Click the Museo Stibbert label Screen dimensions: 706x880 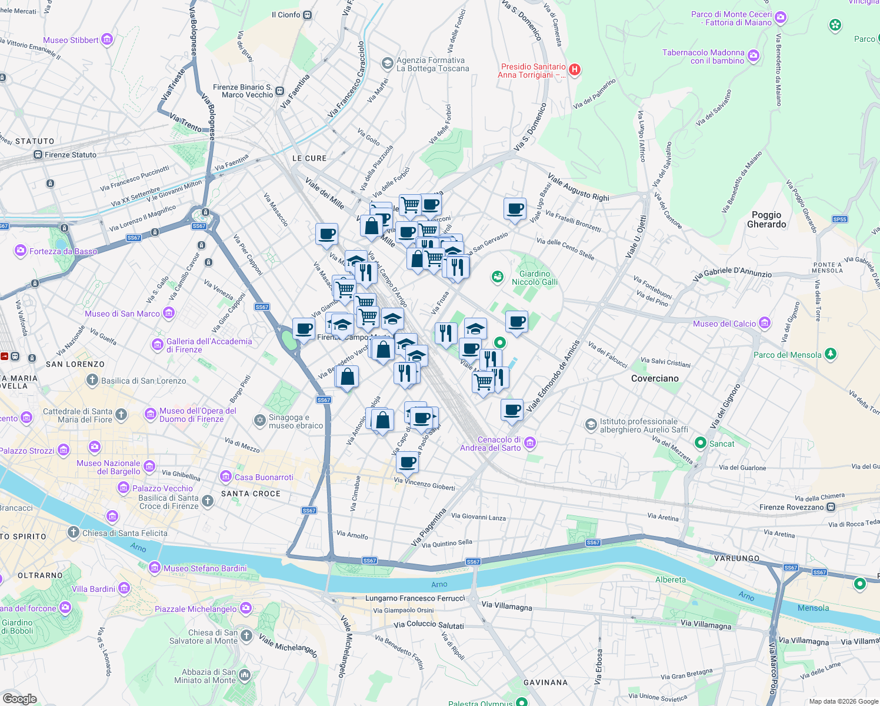tap(71, 40)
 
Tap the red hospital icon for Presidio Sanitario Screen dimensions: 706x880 tap(575, 70)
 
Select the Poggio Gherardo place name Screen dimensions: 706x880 tap(766, 219)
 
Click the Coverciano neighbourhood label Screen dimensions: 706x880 tap(655, 378)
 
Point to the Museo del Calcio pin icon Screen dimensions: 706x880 tap(765, 322)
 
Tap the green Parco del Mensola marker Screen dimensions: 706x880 tap(830, 354)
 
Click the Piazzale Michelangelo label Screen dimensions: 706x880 tap(195, 609)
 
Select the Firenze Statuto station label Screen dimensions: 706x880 tap(71, 155)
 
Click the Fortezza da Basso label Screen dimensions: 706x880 tap(63, 251)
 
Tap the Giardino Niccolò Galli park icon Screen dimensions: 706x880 tap(498, 277)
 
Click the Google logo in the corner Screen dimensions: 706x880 tap(19, 699)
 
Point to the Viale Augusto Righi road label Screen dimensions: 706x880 tap(578, 187)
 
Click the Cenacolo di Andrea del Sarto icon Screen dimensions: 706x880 tap(530, 442)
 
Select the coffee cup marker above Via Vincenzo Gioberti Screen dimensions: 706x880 tap(407, 461)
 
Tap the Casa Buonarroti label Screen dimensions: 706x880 tap(264, 477)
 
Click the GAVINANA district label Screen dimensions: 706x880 tap(545, 682)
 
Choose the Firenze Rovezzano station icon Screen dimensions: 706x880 tap(831, 507)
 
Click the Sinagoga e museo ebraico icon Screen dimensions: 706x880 tap(259, 420)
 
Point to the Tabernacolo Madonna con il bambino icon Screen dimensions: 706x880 tap(754, 56)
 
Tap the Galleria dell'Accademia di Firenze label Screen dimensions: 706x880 tap(209, 345)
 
